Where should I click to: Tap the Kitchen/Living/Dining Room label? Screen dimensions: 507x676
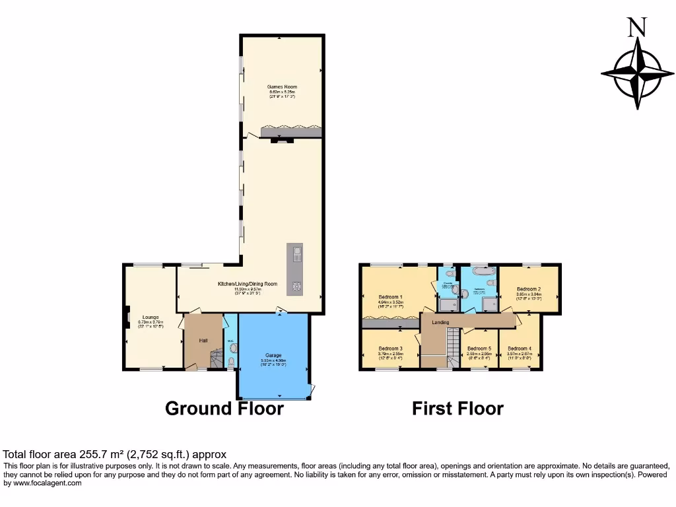pos(248,284)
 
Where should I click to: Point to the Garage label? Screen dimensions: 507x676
pos(273,355)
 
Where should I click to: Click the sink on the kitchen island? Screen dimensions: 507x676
pos(296,253)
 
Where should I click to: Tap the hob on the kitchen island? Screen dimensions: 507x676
pos(296,286)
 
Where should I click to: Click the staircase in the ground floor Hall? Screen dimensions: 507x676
pos(215,360)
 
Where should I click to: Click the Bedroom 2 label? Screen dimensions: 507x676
pos(529,289)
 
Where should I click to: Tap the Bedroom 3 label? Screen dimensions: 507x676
pos(390,349)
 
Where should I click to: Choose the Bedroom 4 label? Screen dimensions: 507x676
pos(520,349)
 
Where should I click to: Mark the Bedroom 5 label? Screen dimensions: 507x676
pos(479,349)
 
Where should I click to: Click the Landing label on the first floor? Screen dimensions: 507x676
pos(440,322)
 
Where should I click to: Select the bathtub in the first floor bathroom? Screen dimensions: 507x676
pos(481,271)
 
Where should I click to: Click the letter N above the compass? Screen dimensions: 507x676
pos(636,27)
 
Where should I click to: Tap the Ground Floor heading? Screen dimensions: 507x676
pos(224,409)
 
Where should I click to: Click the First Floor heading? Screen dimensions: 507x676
pos(457,409)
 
